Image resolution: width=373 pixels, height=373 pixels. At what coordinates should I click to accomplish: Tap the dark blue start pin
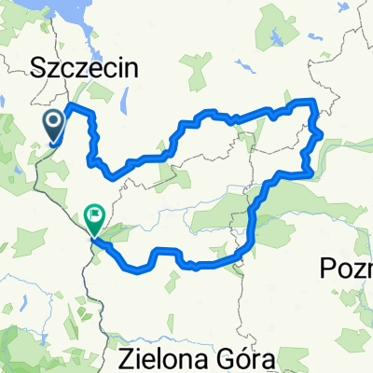(x=52, y=124)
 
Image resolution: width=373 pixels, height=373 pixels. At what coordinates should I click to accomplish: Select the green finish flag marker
(x=94, y=219)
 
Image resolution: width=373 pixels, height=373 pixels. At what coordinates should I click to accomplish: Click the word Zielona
(x=162, y=356)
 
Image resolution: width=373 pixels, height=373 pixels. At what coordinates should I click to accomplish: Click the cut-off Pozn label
(x=345, y=269)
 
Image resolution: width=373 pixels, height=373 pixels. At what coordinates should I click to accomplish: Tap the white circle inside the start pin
(x=52, y=120)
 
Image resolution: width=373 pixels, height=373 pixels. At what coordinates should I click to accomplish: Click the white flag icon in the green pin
(x=94, y=215)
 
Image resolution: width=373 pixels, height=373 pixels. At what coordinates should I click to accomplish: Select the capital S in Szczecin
(x=39, y=68)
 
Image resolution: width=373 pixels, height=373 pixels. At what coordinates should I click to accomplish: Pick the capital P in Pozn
(x=325, y=269)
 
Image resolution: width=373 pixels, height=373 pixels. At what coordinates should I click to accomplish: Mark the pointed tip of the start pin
(x=52, y=145)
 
